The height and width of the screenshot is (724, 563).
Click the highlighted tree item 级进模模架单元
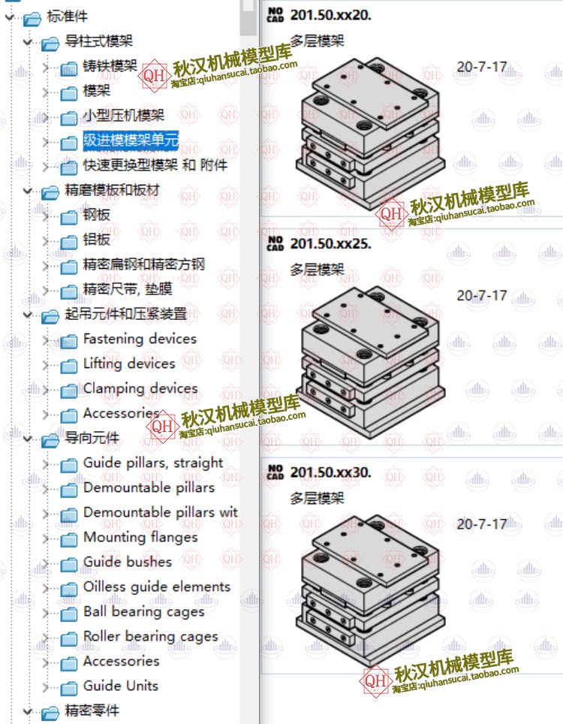coord(131,140)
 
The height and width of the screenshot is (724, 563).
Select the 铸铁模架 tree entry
coord(110,66)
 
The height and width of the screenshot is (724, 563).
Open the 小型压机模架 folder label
coord(123,116)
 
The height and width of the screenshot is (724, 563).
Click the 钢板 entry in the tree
coord(97,215)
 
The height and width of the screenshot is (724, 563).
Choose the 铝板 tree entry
coord(97,240)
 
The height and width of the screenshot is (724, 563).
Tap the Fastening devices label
coord(140,339)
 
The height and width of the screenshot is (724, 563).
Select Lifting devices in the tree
coord(129,364)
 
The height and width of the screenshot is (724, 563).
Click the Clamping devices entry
coord(140,388)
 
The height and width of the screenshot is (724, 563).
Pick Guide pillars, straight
coord(153,463)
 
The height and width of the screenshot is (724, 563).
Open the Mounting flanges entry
coord(140,537)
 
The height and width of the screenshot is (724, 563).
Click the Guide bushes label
coord(128,562)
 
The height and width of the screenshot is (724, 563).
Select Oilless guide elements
coord(157,587)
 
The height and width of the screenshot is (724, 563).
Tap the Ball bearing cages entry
coord(144,611)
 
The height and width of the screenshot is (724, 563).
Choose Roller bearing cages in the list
coord(150,636)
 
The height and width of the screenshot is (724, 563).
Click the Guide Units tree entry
coord(121,686)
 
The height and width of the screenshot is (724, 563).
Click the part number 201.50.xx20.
coord(330,14)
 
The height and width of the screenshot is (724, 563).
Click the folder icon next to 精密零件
coord(50,711)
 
